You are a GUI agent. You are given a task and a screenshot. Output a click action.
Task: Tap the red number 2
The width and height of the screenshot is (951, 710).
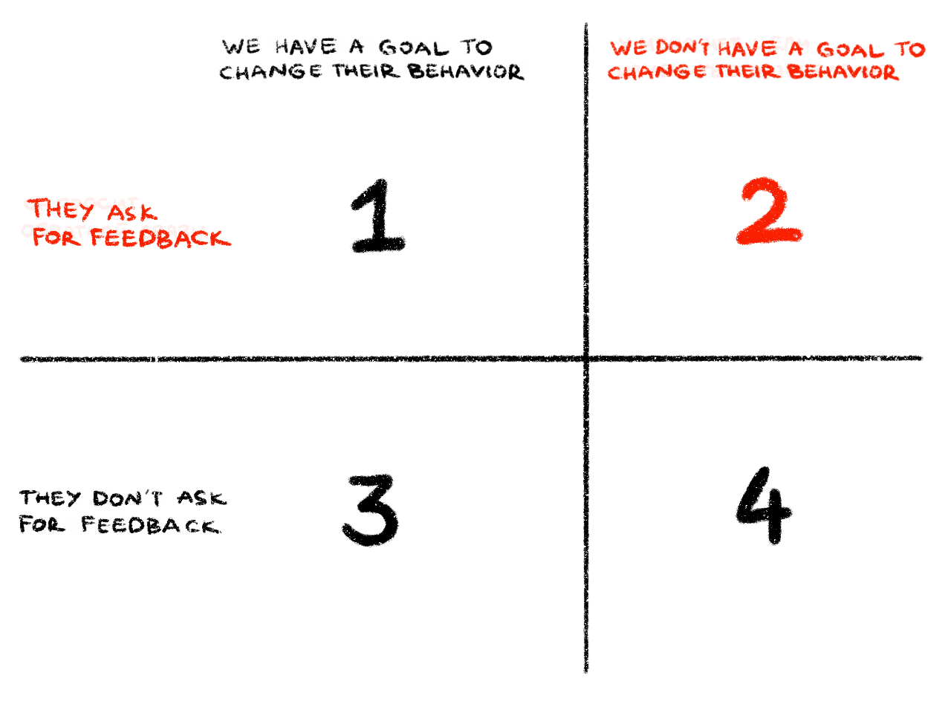[x=770, y=211]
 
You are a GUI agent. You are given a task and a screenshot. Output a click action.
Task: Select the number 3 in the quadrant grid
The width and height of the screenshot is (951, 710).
[x=371, y=510]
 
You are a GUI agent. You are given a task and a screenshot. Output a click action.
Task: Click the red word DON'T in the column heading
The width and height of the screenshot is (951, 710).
[x=682, y=48]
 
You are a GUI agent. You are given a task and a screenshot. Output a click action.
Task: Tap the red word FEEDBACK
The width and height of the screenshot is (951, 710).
[x=160, y=238]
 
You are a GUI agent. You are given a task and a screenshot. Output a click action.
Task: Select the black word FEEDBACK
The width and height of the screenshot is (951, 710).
[x=151, y=525]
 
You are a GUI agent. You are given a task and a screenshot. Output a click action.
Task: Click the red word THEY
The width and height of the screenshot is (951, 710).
[x=60, y=209]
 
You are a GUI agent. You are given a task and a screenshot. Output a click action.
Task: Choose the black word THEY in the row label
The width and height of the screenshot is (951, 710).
[x=51, y=498]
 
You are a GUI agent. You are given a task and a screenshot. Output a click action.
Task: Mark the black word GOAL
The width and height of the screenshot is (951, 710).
[x=414, y=48]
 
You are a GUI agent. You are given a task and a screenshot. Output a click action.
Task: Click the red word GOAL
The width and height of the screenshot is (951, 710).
[x=850, y=50]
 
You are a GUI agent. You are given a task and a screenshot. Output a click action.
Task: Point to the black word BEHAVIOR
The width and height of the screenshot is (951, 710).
[x=466, y=72]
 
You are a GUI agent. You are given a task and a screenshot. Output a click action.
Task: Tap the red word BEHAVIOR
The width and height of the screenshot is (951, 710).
[x=843, y=72]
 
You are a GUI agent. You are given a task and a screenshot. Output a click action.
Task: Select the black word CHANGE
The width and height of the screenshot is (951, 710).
[x=270, y=72]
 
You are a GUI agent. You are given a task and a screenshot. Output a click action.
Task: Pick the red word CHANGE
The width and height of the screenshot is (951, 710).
[x=656, y=72]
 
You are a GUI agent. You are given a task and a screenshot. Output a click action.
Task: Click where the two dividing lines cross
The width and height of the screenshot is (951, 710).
[x=585, y=359]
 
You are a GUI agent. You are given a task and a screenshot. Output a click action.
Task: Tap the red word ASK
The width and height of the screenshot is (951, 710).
[x=132, y=212]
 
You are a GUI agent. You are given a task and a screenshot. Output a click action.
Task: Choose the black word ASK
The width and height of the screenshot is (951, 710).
[x=202, y=498]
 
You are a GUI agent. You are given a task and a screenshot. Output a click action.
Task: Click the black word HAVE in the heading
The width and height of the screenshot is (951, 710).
[x=305, y=47]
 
